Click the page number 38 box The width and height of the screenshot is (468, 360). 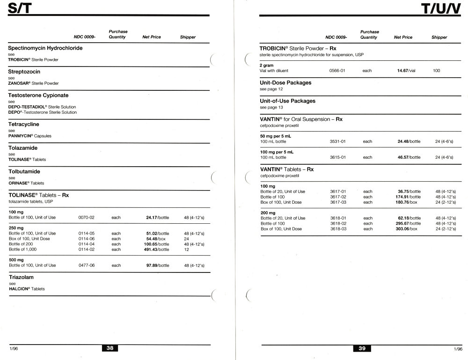coord(110,348)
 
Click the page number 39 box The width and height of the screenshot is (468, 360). coord(362,348)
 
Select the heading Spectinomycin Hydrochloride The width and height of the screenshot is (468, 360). coord(45,48)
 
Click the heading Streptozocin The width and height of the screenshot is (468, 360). coord(24,72)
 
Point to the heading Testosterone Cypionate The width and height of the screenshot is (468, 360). coord(38,95)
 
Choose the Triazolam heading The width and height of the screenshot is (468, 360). coord(22,277)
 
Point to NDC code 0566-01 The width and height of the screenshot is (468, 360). coord(337,71)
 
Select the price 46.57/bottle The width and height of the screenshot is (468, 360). coord(409,157)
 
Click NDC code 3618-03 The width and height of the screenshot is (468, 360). coord(338,229)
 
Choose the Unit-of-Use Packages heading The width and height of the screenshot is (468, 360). coord(288,101)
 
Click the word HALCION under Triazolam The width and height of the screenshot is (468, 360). coord(19,289)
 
